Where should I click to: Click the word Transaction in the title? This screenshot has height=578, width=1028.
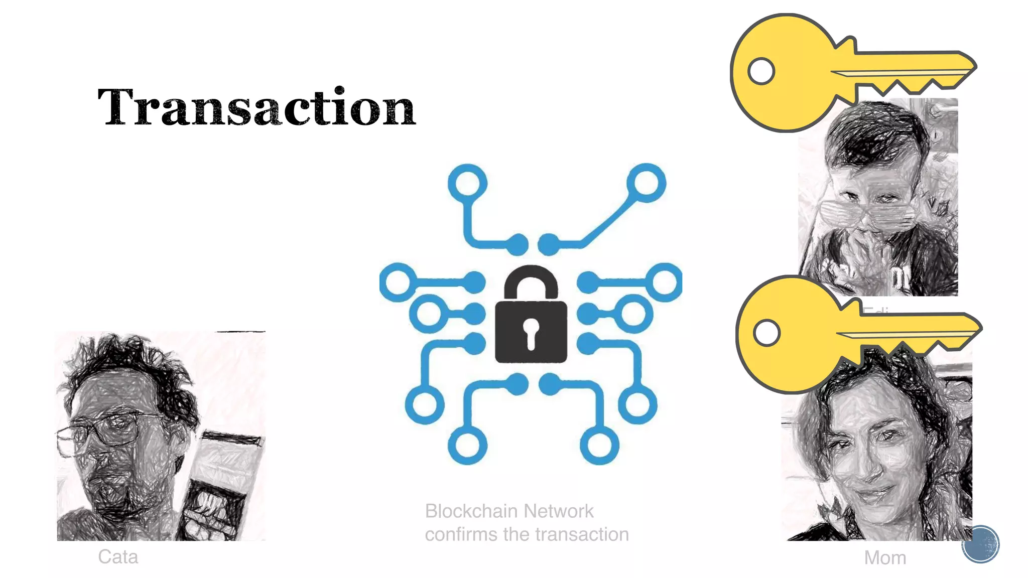click(x=256, y=107)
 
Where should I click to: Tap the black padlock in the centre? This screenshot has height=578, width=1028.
click(x=531, y=326)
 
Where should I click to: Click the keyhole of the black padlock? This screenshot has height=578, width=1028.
click(x=531, y=332)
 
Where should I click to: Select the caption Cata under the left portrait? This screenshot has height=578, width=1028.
click(x=118, y=557)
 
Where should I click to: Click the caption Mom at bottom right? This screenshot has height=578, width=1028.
click(x=885, y=558)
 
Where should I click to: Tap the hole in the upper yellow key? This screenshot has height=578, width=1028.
click(x=761, y=71)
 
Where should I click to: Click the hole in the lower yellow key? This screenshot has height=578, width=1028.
click(x=766, y=333)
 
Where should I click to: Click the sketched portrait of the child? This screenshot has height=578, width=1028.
click(x=878, y=201)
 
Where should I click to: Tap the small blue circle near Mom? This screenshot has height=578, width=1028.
click(x=980, y=544)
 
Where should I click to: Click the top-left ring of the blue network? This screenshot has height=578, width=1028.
click(x=467, y=183)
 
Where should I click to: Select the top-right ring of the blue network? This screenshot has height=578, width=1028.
click(x=647, y=183)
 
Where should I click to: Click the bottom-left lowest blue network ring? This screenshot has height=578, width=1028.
click(x=467, y=445)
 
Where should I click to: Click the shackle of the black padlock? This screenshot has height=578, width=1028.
click(x=531, y=282)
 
